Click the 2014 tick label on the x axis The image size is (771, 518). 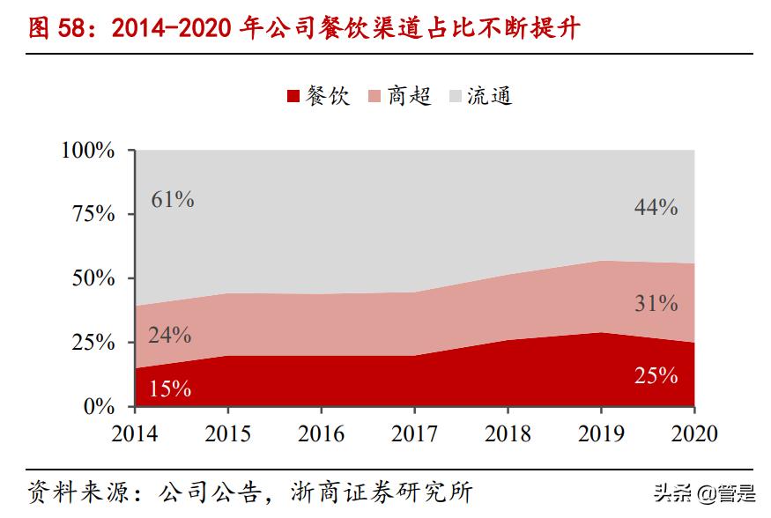135,433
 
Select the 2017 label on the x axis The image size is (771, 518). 415,433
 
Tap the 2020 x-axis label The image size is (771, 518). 693,433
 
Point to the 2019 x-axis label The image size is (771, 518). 601,433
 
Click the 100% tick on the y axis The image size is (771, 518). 88,150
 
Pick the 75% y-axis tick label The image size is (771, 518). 93,214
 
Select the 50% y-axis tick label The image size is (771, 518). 93,278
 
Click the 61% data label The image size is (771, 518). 173,199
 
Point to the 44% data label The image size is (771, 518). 656,208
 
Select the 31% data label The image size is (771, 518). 656,304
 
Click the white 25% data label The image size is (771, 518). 656,376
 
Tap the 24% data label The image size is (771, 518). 170,335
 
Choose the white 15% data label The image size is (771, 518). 170,388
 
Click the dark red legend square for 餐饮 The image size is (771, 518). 293,97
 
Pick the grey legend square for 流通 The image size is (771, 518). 456,97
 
